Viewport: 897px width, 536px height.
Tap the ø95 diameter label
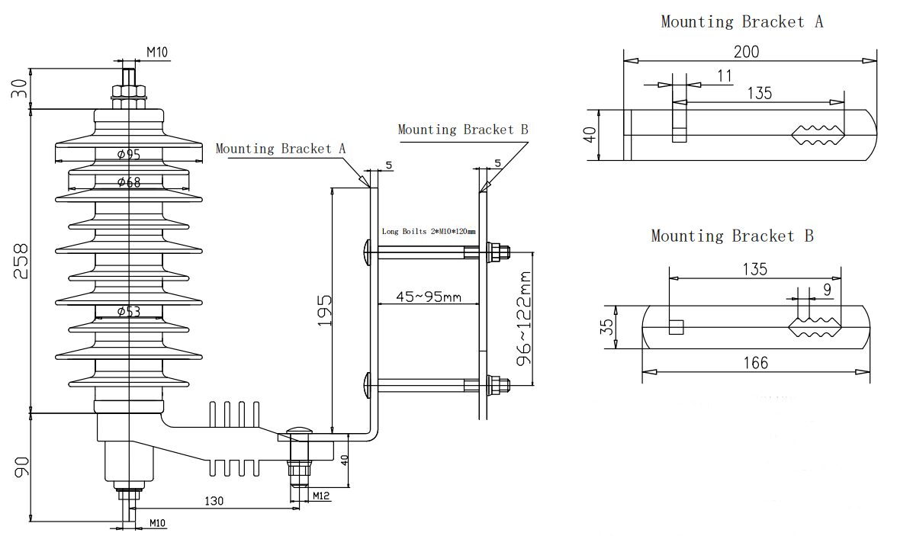[x=129, y=155]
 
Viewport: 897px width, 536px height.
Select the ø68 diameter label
[x=129, y=182]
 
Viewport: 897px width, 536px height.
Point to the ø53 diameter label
[x=129, y=311]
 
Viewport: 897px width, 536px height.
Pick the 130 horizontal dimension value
[x=214, y=501]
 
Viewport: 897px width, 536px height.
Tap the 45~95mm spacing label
[x=429, y=297]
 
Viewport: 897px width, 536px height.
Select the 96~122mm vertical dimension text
[x=524, y=318]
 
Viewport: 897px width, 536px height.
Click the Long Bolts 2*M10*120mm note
[x=429, y=231]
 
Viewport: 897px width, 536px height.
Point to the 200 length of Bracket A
[x=746, y=52]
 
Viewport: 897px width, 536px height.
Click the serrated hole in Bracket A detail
[x=818, y=135]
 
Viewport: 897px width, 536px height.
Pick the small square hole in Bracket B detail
[x=676, y=327]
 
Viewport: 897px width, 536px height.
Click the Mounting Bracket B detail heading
[x=732, y=236]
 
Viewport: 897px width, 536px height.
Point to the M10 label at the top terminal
[x=157, y=52]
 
